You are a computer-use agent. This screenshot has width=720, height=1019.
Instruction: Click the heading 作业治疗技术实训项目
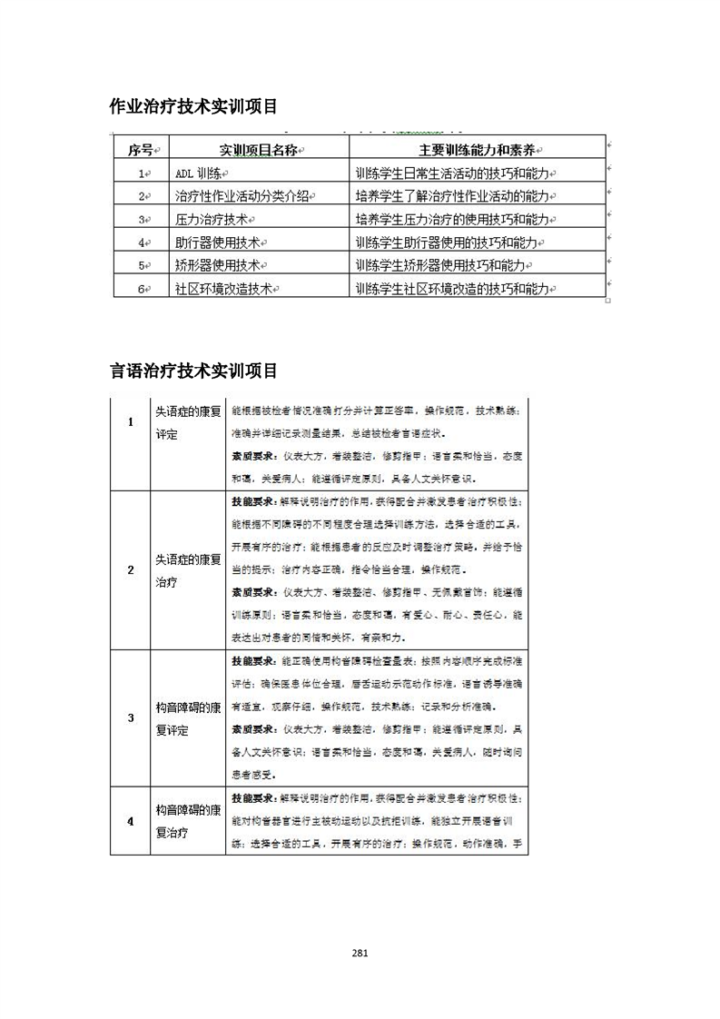click(192, 107)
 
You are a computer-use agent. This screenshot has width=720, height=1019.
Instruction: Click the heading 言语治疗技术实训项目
click(192, 371)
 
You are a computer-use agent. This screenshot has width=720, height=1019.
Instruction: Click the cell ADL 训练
click(200, 173)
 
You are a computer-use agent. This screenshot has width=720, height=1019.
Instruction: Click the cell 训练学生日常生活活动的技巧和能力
click(455, 173)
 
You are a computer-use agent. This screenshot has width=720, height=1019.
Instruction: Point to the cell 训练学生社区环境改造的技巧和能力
click(455, 289)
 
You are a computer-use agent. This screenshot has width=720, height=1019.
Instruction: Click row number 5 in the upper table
click(142, 265)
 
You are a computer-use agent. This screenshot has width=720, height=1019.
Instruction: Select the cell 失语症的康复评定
click(187, 421)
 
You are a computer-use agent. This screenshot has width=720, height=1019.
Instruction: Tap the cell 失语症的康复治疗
click(187, 569)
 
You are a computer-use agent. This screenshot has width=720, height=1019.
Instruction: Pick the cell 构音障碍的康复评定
click(187, 717)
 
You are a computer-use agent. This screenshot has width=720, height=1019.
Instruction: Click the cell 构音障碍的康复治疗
click(187, 820)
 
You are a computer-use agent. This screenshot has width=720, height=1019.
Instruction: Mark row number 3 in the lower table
click(131, 717)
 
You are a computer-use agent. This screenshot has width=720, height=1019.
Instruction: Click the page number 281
click(360, 953)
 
